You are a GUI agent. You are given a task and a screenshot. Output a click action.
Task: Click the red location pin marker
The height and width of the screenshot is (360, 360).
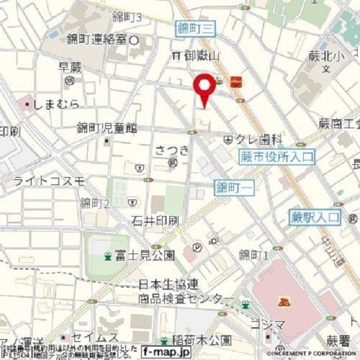coord(204,88)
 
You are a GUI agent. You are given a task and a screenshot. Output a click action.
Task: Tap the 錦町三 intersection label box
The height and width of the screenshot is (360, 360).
coord(196,28)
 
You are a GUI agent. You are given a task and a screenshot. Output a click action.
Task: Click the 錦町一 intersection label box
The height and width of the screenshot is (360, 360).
coord(233,186)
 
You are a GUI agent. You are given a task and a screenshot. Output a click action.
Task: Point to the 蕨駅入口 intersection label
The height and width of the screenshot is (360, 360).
coord(314,217)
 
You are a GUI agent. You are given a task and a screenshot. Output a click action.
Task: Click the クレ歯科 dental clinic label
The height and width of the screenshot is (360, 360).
coord(260,139)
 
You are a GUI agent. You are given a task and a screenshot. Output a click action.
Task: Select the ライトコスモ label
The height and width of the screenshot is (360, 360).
coord(49,181)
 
